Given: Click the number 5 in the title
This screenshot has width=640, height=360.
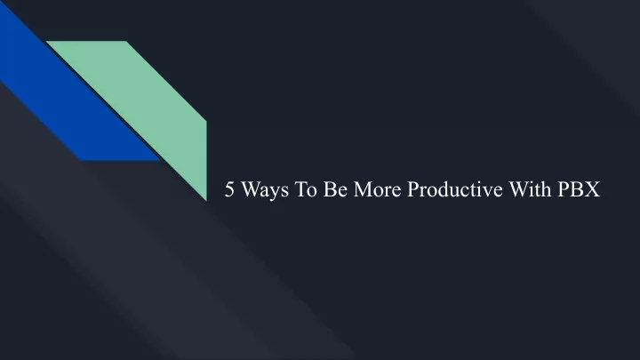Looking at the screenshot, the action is pos(230,189).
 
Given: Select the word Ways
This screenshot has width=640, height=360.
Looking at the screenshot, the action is pos(265,190).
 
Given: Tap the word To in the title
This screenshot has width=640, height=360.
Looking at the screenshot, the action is pos(306,189).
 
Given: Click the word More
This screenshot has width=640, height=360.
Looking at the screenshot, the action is pos(377,189).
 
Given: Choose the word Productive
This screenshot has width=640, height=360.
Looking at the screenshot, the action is pos(455,189).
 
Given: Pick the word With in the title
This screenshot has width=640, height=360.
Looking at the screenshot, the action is pos(530,189).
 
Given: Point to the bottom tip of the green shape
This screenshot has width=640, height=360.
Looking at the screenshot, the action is pos(206,201).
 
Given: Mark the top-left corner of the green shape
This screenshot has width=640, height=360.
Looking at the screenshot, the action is pos(46,41).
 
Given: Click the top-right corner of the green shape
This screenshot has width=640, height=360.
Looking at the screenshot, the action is pos(126,41).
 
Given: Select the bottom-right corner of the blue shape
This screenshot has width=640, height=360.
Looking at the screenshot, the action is pos(160,160).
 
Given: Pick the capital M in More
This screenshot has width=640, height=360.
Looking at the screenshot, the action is pos(363,189).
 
